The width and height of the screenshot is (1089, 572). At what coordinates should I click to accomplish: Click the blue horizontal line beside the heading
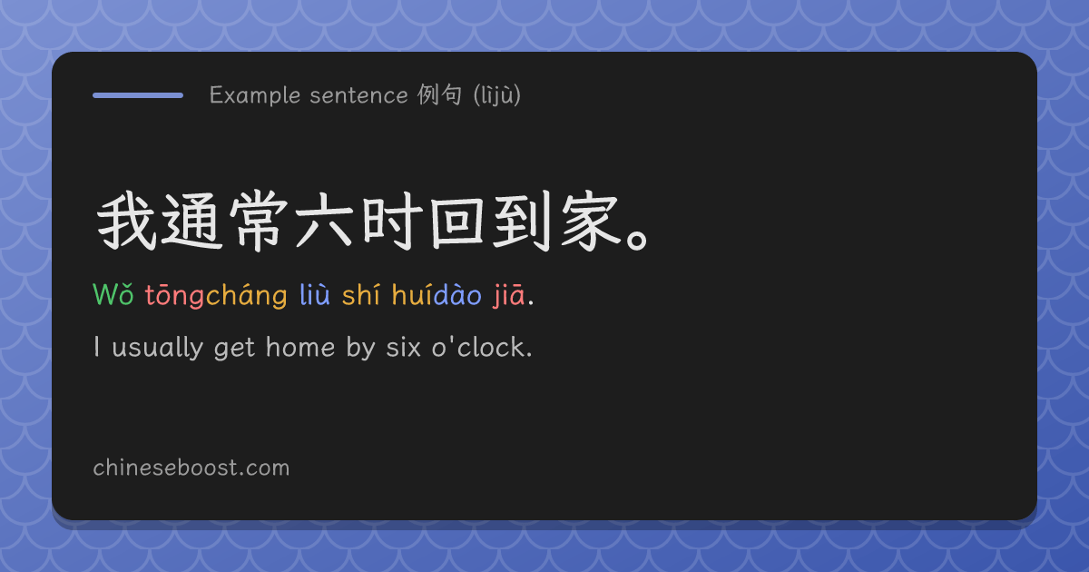138,95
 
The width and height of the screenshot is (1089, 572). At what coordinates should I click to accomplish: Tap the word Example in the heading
255,95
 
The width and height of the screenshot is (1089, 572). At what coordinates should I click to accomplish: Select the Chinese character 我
127,221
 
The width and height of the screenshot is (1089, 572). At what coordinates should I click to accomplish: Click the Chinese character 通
191,222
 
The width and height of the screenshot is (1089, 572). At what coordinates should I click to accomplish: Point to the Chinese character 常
259,222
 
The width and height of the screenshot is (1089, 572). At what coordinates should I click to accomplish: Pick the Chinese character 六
324,222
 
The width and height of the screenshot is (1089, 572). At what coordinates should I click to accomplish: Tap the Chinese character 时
392,222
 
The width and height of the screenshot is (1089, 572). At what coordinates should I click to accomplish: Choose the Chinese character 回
457,222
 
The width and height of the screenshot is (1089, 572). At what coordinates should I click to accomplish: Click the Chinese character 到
523,222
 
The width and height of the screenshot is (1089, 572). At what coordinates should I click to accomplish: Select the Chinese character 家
590,222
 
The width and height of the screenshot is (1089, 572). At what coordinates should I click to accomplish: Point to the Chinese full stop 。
637,241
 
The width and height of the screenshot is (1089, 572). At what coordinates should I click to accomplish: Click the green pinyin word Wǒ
113,294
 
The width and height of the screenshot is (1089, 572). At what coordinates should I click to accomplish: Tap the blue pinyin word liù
315,294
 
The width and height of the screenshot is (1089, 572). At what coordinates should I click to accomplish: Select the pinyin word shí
360,294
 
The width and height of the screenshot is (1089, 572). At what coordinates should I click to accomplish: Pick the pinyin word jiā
509,295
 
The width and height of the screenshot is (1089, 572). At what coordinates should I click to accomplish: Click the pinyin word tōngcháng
216,296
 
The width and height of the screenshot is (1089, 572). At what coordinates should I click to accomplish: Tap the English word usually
158,348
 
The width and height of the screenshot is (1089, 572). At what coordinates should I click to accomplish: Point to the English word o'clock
482,346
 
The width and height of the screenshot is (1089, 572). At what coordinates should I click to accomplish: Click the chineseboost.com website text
191,468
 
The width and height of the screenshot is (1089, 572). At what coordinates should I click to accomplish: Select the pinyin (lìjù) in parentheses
497,95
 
